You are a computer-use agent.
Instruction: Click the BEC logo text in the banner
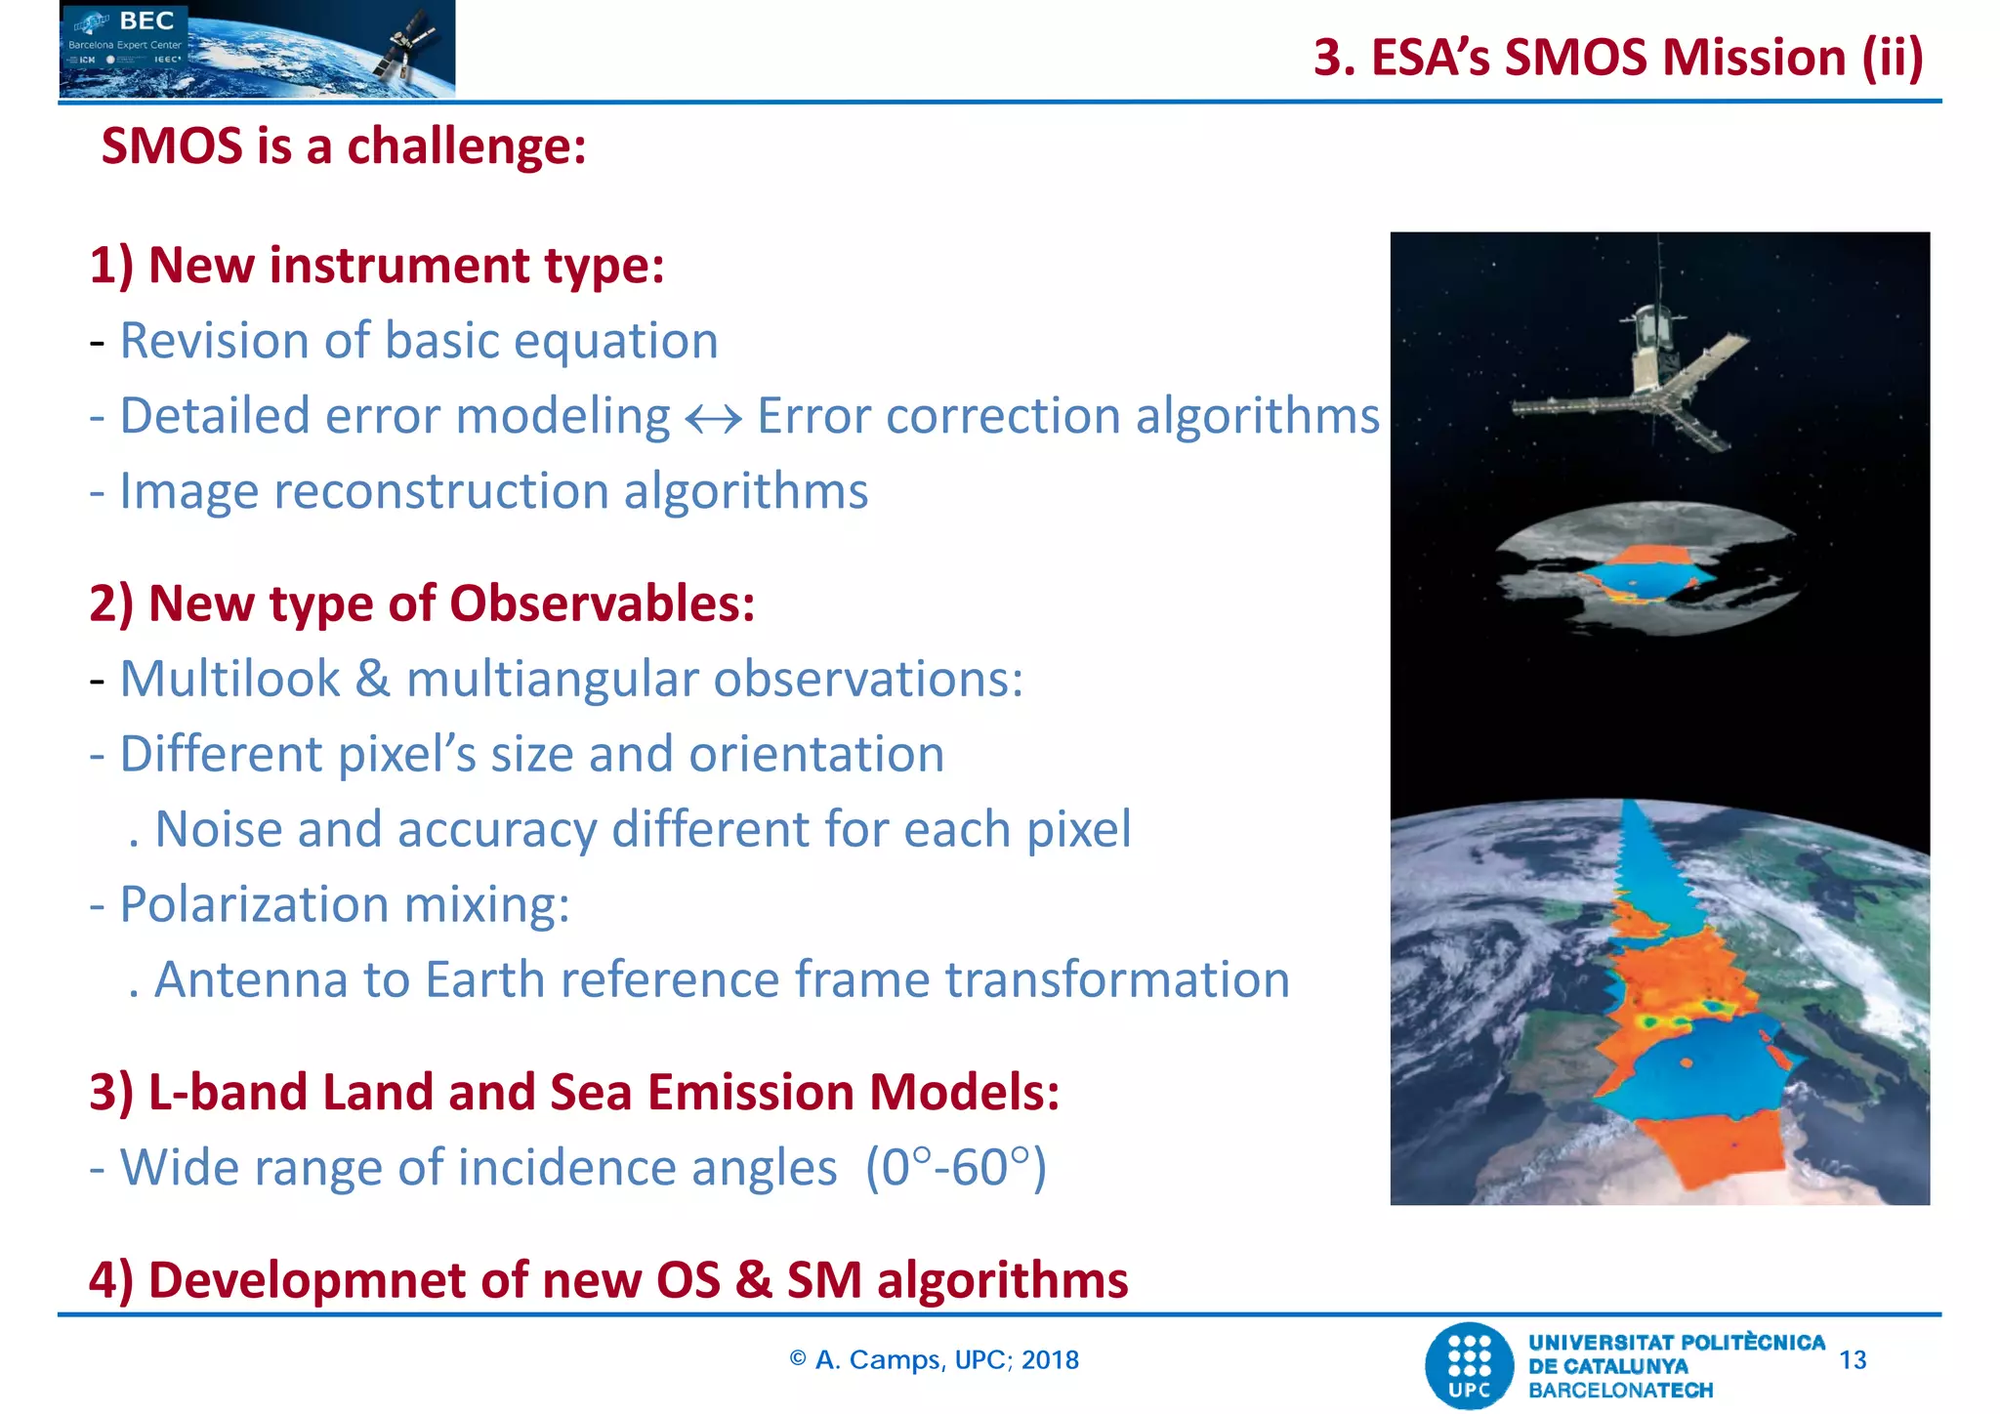tap(146, 21)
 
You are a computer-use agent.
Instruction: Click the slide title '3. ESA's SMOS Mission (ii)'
tap(1617, 58)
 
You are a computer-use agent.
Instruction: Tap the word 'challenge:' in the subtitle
tap(466, 146)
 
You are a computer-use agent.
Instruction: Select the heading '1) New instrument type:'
tap(377, 266)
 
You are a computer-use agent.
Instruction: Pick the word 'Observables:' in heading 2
tap(602, 603)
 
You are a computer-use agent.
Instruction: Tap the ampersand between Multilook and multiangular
tap(372, 679)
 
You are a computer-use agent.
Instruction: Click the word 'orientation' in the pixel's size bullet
tap(815, 754)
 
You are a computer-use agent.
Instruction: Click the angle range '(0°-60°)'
tap(956, 1167)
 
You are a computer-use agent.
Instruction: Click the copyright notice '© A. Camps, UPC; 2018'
tap(934, 1359)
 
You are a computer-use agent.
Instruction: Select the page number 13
tap(1852, 1359)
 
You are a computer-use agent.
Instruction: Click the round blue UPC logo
tap(1469, 1365)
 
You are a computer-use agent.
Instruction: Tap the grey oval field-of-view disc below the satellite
tap(1646, 566)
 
